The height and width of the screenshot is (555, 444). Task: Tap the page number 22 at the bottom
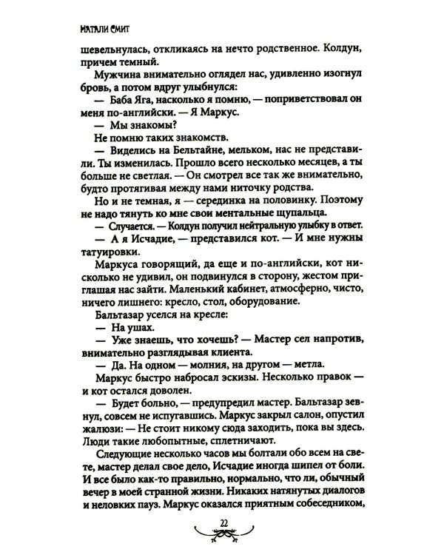222,526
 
